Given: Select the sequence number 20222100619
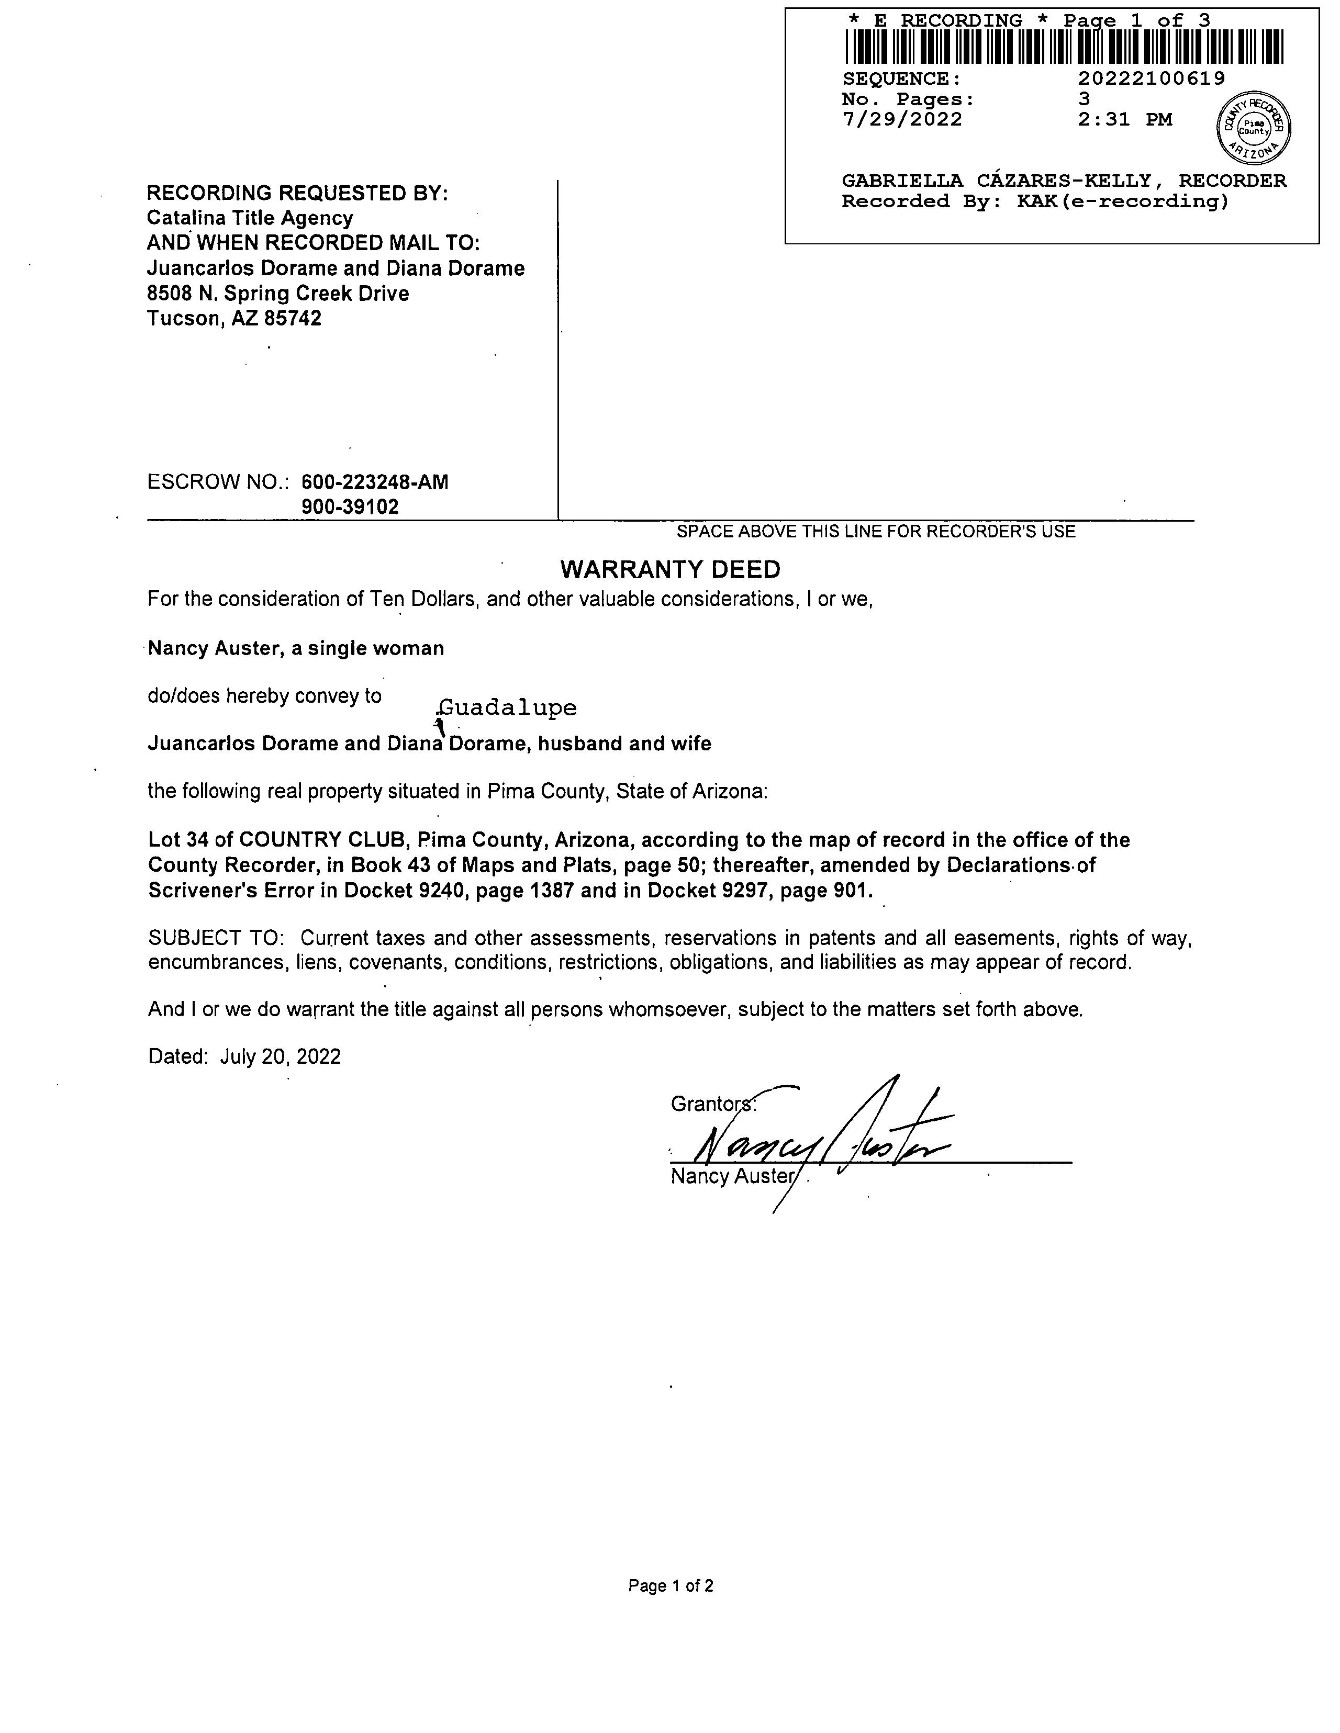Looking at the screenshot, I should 1151,78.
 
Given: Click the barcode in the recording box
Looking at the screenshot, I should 1064,47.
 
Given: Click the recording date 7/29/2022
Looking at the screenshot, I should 902,120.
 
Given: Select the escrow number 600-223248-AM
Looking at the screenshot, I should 375,482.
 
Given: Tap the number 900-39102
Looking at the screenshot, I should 350,507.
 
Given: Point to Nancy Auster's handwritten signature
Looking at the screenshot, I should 818,1143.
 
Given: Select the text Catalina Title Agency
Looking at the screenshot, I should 250,218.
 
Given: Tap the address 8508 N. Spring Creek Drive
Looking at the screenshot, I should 278,294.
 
